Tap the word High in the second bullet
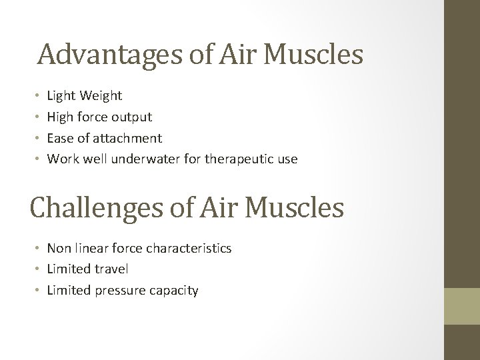click(x=61, y=117)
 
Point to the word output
click(x=131, y=117)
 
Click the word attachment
click(x=127, y=138)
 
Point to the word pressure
click(x=123, y=290)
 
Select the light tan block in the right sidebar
click(x=462, y=307)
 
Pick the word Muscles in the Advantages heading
click(x=313, y=55)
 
